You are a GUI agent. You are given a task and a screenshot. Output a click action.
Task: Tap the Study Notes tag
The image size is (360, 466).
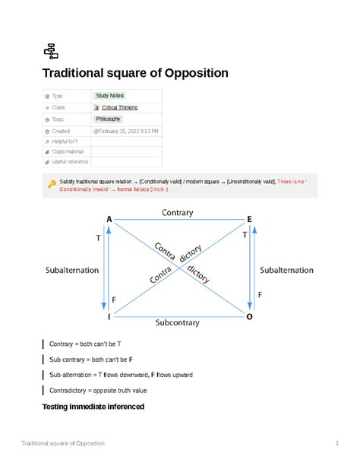[108, 96]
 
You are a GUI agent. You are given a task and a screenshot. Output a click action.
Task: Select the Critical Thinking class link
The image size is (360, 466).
[120, 108]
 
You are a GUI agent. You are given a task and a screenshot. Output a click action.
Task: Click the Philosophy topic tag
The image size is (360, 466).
[108, 119]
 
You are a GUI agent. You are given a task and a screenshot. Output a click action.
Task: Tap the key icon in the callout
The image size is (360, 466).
[52, 183]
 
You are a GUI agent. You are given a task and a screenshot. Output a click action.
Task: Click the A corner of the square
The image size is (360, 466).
[109, 219]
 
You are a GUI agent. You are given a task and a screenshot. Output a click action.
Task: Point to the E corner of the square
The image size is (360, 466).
[248, 219]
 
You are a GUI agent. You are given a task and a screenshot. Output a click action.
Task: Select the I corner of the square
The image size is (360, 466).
[109, 315]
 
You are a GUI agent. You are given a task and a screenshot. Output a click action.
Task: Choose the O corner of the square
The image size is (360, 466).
[248, 315]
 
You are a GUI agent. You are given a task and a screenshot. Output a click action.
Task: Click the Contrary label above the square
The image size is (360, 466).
[178, 213]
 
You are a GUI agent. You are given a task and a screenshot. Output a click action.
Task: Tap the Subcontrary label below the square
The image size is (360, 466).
[177, 322]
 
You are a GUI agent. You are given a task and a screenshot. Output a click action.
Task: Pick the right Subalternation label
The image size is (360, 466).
[286, 270]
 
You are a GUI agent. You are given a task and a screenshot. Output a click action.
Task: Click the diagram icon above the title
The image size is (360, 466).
[51, 51]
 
